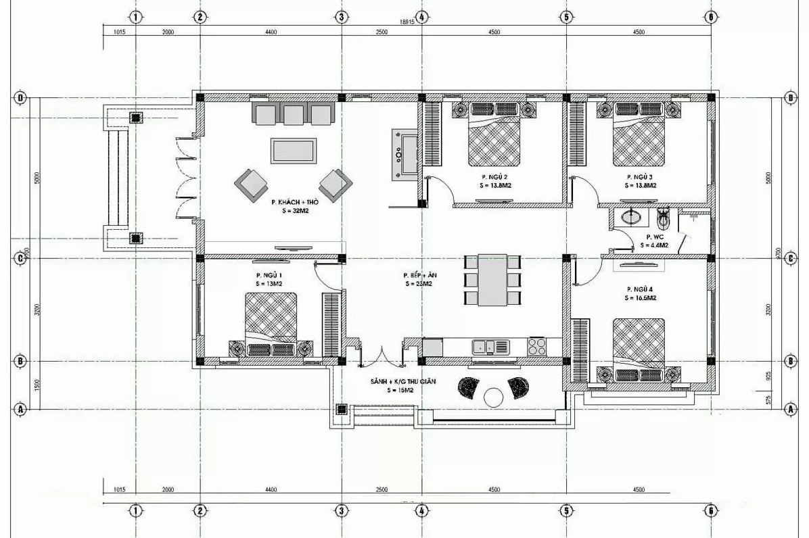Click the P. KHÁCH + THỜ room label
(x=294, y=202)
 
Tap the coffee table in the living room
(x=294, y=150)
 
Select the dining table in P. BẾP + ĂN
(x=492, y=280)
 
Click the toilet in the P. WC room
(x=664, y=217)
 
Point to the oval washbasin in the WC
(x=632, y=217)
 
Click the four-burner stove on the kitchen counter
(x=537, y=346)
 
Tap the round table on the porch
(x=494, y=397)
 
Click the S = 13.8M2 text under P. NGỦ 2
(x=496, y=185)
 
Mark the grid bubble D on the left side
(x=21, y=98)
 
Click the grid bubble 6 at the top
(x=711, y=17)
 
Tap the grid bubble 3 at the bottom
(x=342, y=511)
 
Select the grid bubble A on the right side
(x=790, y=409)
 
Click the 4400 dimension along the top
(x=270, y=32)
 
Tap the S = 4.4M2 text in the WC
(x=657, y=245)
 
